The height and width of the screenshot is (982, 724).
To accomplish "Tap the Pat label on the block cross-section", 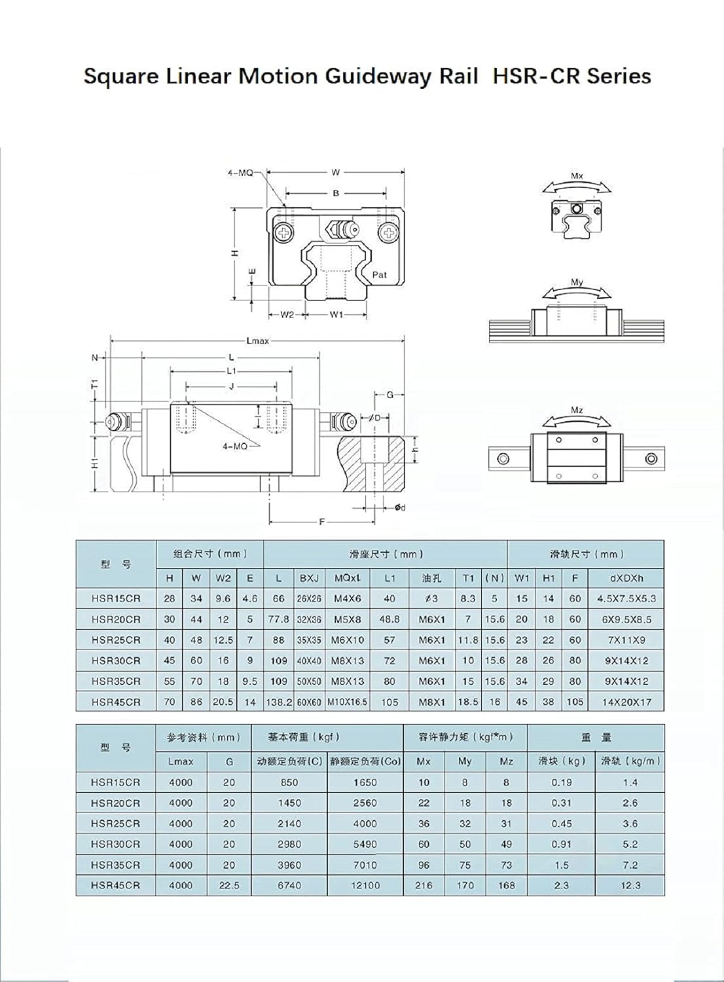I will coord(380,275).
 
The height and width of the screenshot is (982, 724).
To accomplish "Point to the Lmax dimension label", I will coord(257,340).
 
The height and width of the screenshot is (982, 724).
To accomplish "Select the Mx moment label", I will coord(577,176).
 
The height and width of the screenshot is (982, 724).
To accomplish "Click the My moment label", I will coord(577,283).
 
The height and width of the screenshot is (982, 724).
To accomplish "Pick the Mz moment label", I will coord(577,410).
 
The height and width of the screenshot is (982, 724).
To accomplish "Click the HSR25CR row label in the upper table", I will coord(116,640).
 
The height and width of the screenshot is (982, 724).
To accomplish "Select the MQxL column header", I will coord(347,578).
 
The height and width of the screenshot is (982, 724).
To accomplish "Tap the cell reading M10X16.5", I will coord(348,702).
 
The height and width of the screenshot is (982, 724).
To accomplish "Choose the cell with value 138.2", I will coord(279,702).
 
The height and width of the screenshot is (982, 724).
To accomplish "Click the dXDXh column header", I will coord(626,578).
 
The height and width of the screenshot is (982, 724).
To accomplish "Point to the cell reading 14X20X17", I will coord(626,702).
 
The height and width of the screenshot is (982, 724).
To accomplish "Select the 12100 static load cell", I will coord(365,885).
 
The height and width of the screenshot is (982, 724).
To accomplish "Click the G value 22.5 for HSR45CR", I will coord(228,885).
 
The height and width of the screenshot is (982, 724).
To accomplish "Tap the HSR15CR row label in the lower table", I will coord(116,782).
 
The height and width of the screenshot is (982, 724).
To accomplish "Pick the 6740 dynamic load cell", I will coord(289,885).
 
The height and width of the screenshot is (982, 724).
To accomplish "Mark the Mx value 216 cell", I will coord(424,885).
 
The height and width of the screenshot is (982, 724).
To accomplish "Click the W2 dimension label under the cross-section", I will coord(287,315).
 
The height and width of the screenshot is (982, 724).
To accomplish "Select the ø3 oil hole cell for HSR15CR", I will coord(431,598).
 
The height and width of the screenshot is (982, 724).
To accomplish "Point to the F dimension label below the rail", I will coord(322,522).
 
